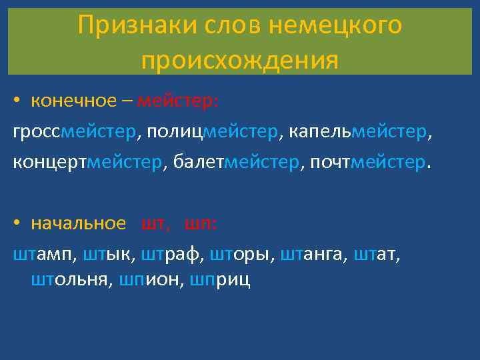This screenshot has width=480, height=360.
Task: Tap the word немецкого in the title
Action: point(336,25)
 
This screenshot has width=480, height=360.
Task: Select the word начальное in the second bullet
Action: point(78,224)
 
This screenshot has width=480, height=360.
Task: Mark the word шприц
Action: point(220,279)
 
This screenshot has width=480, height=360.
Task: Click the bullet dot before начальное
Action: point(17,224)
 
